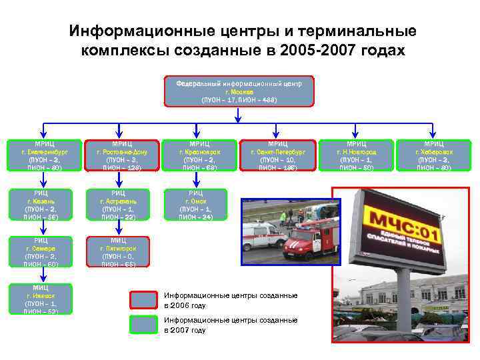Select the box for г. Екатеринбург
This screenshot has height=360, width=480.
pyautogui.click(x=43, y=156)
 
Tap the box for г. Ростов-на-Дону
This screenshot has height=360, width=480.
pyautogui.click(x=121, y=156)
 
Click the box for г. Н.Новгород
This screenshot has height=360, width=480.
pyautogui.click(x=357, y=156)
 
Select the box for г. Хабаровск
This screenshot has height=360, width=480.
pyautogui.click(x=434, y=156)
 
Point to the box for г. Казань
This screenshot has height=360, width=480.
pyautogui.click(x=43, y=205)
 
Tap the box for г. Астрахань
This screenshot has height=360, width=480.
pyautogui.click(x=121, y=205)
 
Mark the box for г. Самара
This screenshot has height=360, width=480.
pyautogui.click(x=43, y=251)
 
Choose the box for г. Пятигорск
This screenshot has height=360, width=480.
pyautogui.click(x=121, y=251)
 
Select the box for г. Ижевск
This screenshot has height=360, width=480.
pyautogui.click(x=43, y=298)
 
